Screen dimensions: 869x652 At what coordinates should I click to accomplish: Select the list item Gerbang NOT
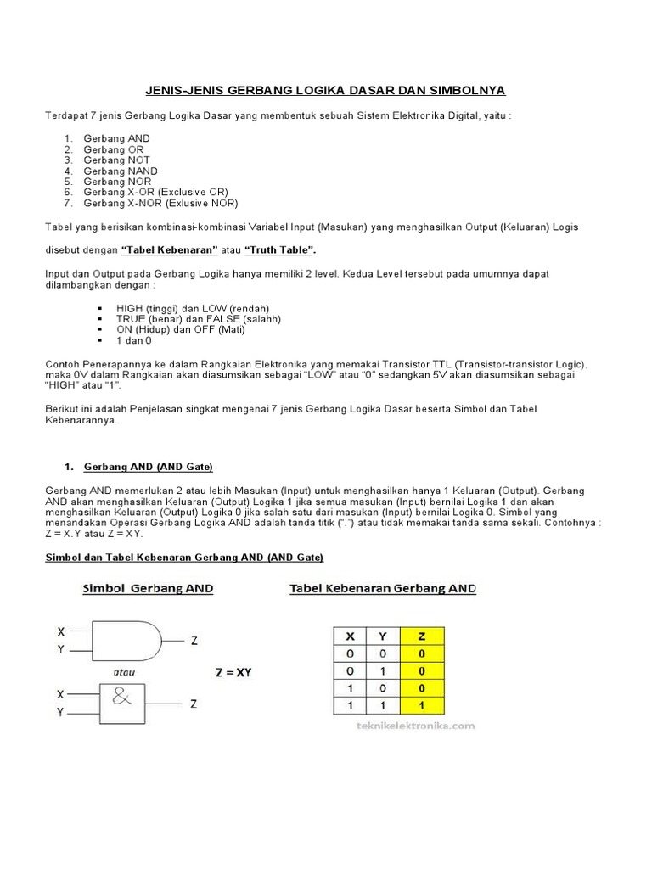[x=116, y=160]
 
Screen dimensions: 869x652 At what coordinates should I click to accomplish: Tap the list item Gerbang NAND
[x=120, y=171]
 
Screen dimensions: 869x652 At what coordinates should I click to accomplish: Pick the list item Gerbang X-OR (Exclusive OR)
[x=155, y=192]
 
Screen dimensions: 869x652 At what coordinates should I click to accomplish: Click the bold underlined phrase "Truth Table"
[x=279, y=249]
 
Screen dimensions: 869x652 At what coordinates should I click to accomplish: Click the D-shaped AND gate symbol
[x=127, y=642]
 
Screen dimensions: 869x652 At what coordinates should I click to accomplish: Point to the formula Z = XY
[x=233, y=673]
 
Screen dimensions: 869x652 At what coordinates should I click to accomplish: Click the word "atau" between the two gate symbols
[x=126, y=672]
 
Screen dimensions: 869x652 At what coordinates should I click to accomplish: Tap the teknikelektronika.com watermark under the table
[x=403, y=726]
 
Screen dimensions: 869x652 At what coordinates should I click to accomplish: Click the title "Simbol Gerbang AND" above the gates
[x=148, y=588]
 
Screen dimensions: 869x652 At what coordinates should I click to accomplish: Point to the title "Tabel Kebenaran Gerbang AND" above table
[x=383, y=588]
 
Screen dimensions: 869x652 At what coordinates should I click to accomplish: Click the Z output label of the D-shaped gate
[x=194, y=642]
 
